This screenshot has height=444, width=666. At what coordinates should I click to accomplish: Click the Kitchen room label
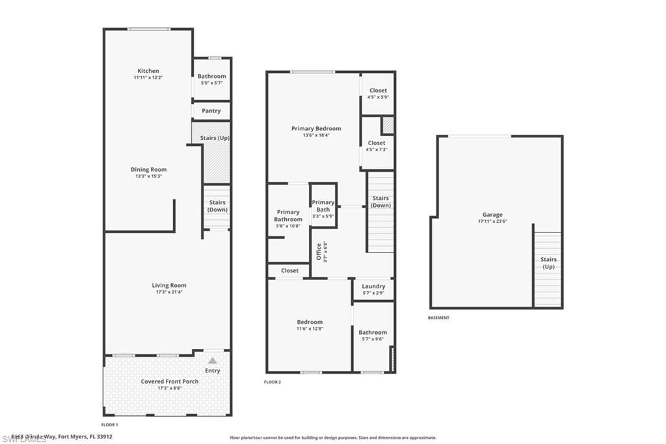click(x=148, y=71)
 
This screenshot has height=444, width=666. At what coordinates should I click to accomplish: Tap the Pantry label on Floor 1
click(x=211, y=111)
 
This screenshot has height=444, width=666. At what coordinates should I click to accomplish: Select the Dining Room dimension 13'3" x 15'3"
click(x=148, y=176)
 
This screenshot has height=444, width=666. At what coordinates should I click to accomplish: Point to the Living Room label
click(x=169, y=285)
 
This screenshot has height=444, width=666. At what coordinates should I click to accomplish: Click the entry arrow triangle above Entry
click(x=212, y=360)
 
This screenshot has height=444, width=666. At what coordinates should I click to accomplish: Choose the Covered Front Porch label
click(x=170, y=382)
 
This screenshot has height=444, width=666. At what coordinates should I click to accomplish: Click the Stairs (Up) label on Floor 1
click(x=214, y=138)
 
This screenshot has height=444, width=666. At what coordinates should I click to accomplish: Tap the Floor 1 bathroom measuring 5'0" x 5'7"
click(x=212, y=79)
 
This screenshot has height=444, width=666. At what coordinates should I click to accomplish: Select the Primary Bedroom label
click(x=316, y=129)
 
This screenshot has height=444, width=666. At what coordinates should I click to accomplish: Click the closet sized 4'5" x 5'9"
click(x=378, y=94)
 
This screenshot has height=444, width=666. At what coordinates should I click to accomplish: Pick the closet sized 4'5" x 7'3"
click(x=377, y=146)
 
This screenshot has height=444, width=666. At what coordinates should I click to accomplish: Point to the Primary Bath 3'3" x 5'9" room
click(x=323, y=206)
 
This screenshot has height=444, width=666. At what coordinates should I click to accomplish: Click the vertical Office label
click(x=319, y=251)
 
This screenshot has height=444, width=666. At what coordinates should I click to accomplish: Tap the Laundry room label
click(x=373, y=286)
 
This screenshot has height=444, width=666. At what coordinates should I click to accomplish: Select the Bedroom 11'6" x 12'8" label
click(x=310, y=322)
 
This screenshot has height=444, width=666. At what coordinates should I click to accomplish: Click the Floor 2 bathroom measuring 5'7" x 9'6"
click(x=373, y=335)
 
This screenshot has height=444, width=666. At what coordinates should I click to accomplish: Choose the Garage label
click(x=492, y=215)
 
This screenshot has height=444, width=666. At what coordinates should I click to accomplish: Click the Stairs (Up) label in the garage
click(x=548, y=263)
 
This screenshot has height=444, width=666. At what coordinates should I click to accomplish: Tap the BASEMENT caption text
click(x=438, y=318)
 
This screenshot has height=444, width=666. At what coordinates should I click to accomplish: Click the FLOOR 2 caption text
click(x=273, y=382)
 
